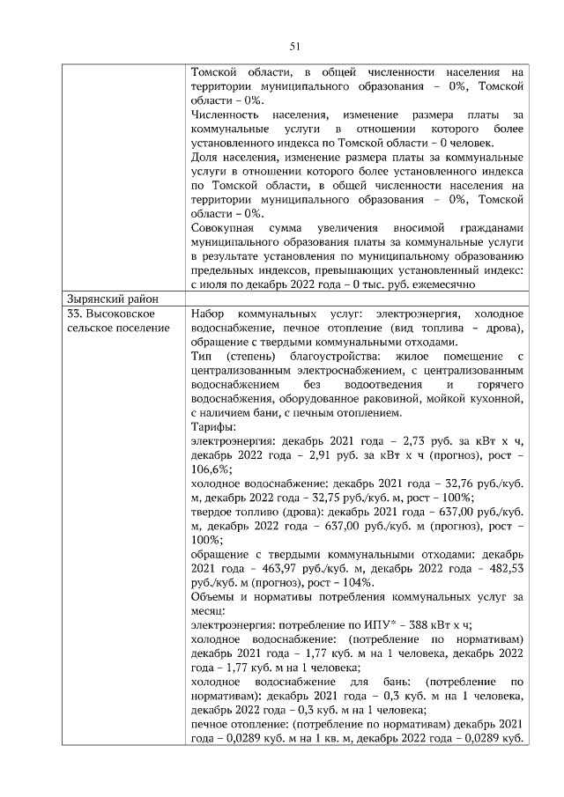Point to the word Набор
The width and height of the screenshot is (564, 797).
coord(209,314)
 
